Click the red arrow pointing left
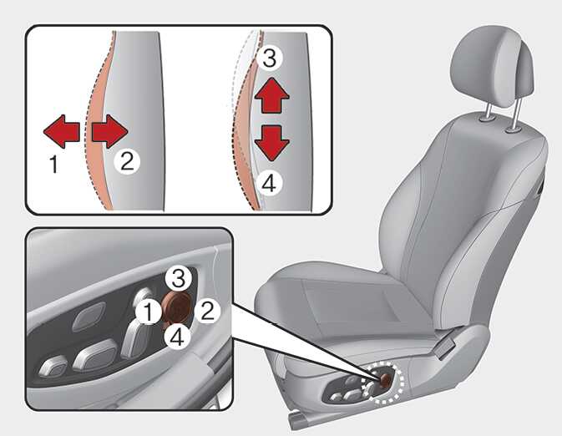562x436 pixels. click(x=61, y=132)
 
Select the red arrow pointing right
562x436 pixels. click(x=109, y=132)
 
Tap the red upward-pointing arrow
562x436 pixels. click(x=271, y=95)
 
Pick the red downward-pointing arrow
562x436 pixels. click(x=271, y=143)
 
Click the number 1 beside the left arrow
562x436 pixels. click(x=53, y=165)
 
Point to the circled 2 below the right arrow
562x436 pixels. click(x=127, y=162)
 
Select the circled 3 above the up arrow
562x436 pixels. click(x=269, y=58)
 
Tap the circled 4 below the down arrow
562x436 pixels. click(x=269, y=184)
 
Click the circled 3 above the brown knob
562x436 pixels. click(x=179, y=279)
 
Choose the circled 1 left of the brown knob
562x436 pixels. click(x=148, y=311)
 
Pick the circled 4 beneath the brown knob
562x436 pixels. click(x=178, y=337)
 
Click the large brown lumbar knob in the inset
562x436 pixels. click(x=177, y=307)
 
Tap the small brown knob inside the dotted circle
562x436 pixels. click(x=386, y=380)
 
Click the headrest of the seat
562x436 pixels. click(x=494, y=68)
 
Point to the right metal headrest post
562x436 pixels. click(x=516, y=114)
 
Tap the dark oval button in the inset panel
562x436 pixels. click(x=89, y=317)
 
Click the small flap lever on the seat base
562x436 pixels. click(x=446, y=347)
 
